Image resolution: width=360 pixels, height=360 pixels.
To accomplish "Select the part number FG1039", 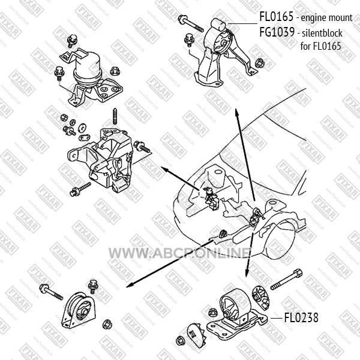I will point(277,33).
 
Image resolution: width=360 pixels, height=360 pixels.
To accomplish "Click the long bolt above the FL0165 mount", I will point(190,25).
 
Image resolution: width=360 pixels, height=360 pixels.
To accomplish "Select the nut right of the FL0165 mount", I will point(260,62).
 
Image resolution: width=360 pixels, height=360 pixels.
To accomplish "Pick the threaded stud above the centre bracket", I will point(114,115).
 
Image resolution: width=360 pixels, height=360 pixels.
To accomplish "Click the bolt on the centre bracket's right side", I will point(144,145).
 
